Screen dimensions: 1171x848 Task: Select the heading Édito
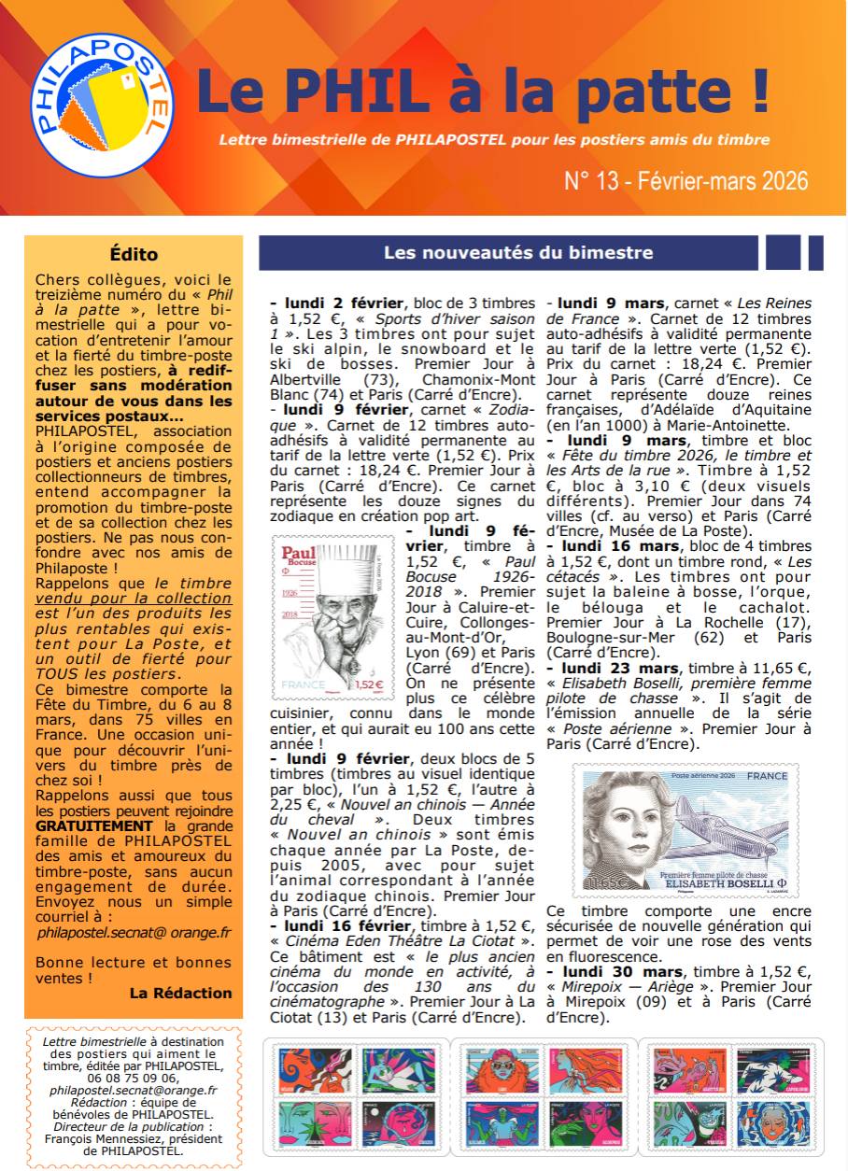pyautogui.click(x=134, y=254)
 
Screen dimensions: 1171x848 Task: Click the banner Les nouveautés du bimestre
pyautogui.click(x=518, y=252)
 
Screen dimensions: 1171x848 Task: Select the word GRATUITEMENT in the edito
pyautogui.click(x=93, y=825)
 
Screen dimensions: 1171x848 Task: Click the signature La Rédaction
pyautogui.click(x=180, y=993)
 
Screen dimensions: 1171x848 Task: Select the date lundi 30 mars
pyautogui.click(x=614, y=972)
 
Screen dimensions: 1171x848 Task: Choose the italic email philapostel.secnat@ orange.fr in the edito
pyautogui.click(x=134, y=932)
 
